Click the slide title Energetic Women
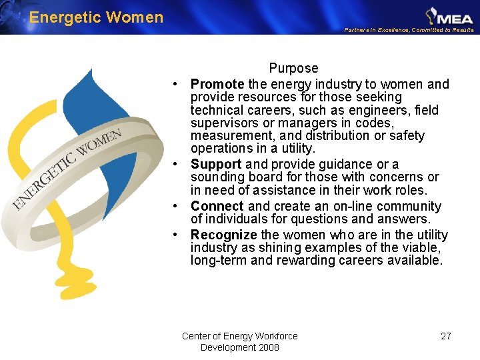96,17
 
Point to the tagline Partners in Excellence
409,30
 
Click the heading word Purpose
293,68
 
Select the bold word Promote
217,84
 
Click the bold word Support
216,164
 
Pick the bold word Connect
217,207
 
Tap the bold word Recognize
223,235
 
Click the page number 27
446,336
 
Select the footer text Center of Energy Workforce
239,336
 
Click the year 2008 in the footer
267,347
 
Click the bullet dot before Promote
173,85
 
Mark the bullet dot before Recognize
173,235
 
